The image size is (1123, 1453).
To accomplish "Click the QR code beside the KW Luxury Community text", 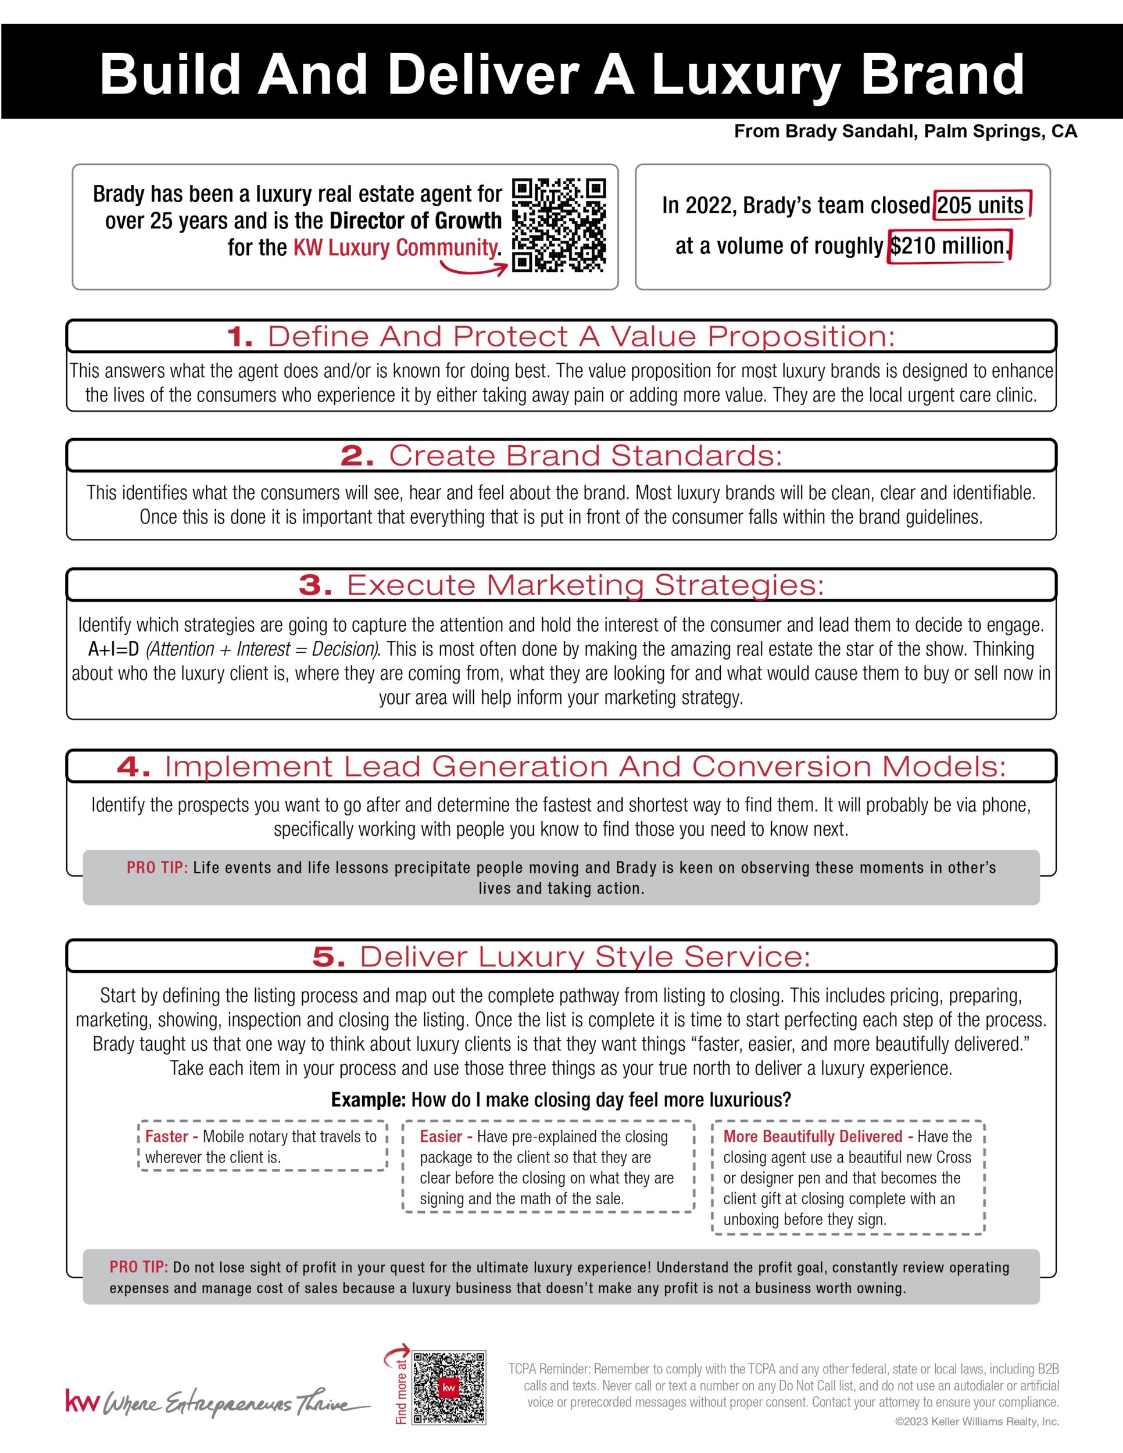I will [559, 225].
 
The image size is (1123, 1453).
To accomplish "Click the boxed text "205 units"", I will [980, 205].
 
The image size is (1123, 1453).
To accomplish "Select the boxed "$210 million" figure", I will [949, 246].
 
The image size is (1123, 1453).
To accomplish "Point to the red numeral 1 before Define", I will [239, 337].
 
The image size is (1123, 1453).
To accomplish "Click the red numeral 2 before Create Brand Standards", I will [356, 456].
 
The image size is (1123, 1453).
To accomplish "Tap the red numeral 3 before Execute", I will [314, 585].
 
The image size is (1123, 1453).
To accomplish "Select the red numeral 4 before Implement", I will [134, 767].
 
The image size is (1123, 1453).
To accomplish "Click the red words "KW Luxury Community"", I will [396, 248].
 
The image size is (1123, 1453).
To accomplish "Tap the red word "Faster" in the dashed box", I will [167, 1136].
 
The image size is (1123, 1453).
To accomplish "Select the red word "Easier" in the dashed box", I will [441, 1136].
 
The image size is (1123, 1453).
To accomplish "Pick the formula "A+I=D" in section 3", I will [113, 649].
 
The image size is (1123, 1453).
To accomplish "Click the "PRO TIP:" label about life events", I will [157, 868].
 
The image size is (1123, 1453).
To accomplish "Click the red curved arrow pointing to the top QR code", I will [474, 267].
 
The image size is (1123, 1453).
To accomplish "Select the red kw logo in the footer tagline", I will [83, 1401].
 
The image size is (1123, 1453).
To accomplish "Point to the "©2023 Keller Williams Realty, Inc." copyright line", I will [977, 1422].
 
